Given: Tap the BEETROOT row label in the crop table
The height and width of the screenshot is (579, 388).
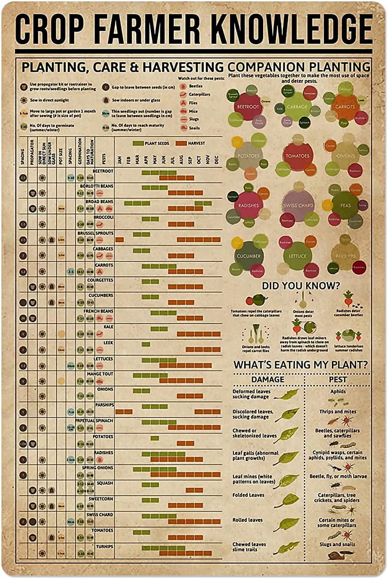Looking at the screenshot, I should click(103, 171).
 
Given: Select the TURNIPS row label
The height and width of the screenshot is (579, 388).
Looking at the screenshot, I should click(105, 547).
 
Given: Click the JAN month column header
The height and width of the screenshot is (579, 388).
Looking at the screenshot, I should click(119, 160).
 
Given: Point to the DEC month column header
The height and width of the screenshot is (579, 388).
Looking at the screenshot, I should click(216, 160).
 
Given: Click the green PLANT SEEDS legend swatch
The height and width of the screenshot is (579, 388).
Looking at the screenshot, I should click(138, 144).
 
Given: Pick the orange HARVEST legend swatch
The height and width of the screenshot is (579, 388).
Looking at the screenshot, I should click(181, 144).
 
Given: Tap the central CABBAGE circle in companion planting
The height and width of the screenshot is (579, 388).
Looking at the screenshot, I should click(297, 107).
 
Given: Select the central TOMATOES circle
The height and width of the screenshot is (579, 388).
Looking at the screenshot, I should click(298, 156).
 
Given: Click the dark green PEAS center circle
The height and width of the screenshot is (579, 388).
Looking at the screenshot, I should click(345, 205).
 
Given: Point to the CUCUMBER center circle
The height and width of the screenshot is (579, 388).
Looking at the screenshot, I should click(248, 256).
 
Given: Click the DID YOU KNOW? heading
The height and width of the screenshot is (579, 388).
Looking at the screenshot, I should click(301, 286).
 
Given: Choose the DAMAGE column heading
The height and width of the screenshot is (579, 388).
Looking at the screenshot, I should click(268, 379).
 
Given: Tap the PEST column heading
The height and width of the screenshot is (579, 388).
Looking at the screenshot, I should click(337, 379).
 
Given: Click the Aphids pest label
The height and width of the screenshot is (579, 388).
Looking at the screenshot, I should click(338, 391).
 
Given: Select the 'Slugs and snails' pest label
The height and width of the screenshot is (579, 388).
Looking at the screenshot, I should click(337, 544).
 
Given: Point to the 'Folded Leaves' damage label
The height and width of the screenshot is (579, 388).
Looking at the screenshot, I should click(248, 495).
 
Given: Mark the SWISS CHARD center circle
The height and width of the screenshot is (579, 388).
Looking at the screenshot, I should click(298, 205).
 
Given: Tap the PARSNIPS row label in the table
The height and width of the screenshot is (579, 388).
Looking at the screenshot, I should click(104, 405).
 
